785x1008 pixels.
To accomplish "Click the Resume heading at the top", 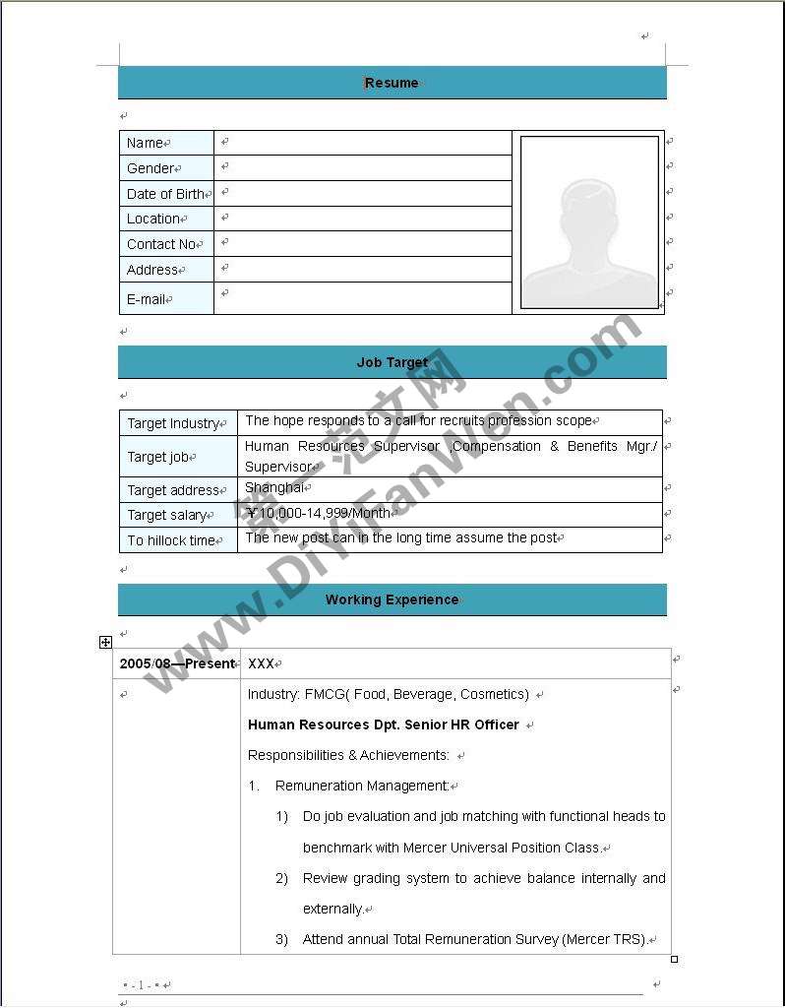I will pos(392,83).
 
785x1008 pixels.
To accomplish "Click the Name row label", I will pos(145,143).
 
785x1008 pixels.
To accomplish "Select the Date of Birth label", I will pos(165,194).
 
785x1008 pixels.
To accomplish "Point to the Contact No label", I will pos(161,244).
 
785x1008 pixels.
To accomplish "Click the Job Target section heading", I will pos(392,362).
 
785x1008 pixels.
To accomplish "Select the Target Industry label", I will pos(173,423).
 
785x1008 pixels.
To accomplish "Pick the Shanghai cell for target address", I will pos(274,488).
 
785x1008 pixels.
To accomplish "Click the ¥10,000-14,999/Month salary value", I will pos(318,513).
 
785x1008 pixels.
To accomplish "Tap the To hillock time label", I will pos(171,540).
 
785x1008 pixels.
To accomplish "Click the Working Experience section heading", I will pos(392,599).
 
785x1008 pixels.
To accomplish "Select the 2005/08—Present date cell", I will pos(177,663).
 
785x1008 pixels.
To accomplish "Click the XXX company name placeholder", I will pos(261,664).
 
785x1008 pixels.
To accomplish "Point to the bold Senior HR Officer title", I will pos(383,724).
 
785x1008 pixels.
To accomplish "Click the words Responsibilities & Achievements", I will pos(348,755).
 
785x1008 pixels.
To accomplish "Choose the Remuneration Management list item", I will pos(361,786).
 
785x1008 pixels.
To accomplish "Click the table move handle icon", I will pos(105,642).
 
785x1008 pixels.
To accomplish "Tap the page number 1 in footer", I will pos(141,984).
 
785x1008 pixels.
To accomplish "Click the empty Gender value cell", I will pos(362,168).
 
